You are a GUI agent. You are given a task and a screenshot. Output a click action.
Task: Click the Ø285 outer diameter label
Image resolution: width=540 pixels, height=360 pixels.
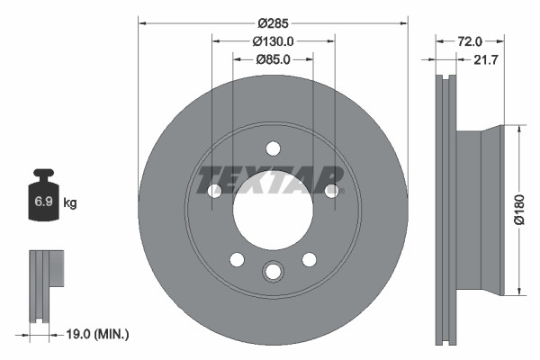pos(273,22)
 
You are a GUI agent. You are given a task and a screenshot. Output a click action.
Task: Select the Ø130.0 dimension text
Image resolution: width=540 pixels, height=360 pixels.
pos(274,41)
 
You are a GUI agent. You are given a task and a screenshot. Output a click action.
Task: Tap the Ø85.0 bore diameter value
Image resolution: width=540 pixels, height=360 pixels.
pos(274,61)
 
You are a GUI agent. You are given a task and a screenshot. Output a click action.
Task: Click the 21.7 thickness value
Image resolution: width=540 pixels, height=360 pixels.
pos(483,60)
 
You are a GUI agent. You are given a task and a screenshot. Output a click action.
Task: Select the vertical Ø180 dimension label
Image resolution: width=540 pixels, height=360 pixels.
pos(519,209)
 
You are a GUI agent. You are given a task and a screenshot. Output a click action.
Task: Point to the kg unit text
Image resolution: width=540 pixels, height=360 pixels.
pos(70,203)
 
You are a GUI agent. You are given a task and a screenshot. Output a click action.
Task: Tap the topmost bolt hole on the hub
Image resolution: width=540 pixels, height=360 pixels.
pos(273,149)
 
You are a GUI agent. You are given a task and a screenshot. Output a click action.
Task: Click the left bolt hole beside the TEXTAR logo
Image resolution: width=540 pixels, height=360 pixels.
pos(214,191)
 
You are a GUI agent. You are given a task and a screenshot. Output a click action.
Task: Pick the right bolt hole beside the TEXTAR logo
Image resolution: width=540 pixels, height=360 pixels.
pos(332,191)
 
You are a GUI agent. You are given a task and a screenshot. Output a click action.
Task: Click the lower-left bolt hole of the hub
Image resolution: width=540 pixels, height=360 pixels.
pos(237,259)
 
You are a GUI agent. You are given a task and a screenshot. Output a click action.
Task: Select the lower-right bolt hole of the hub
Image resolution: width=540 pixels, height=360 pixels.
pos(309,259)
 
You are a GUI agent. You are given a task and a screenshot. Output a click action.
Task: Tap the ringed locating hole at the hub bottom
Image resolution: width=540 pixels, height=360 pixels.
pos(273,272)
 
